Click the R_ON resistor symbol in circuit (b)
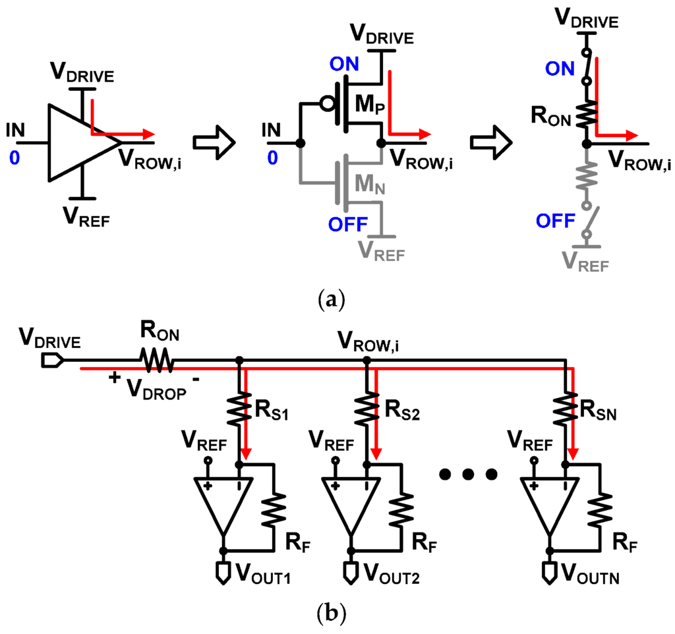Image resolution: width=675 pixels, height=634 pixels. [x=156, y=360]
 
